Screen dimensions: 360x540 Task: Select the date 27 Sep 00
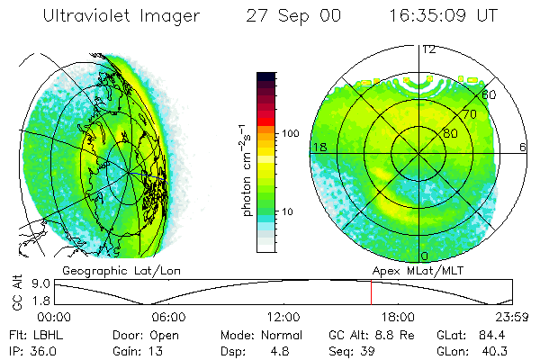coord(293,17)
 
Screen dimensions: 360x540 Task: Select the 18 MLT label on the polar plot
coord(319,147)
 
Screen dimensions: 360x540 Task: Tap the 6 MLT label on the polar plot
coord(523,147)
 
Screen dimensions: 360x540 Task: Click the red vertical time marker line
coord(371,292)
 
